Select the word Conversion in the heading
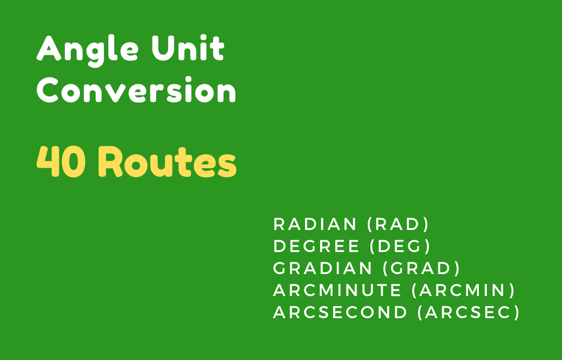pos(136,91)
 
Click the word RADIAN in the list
pos(315,224)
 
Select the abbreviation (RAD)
pos(398,224)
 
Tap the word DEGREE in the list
pos(317,246)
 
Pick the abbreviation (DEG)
pos(400,246)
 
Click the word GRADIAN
pos(323,268)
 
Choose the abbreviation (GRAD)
pos(421,268)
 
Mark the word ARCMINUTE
pos(337,290)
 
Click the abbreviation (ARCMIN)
pos(464,290)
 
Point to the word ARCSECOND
pos(340,312)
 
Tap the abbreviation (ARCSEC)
pos(468,312)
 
